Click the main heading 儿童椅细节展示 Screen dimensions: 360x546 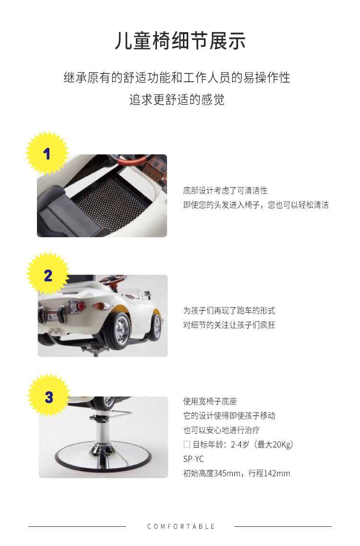180,41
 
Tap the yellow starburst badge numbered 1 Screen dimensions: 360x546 47,153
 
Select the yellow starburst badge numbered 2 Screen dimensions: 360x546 48,274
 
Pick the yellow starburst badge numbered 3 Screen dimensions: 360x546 49,396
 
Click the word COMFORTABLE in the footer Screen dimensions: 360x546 180,526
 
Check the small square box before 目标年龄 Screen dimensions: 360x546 187,444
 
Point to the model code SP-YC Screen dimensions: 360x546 193,459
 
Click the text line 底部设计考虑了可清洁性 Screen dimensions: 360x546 225,191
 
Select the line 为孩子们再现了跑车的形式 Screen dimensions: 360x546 229,311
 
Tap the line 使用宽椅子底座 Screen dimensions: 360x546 210,401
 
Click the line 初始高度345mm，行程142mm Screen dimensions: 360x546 237,473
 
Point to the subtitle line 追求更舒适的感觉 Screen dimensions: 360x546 177,99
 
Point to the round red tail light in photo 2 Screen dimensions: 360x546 80,306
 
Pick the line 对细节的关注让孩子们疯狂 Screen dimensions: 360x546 229,325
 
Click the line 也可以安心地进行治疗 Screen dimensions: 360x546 221,430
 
